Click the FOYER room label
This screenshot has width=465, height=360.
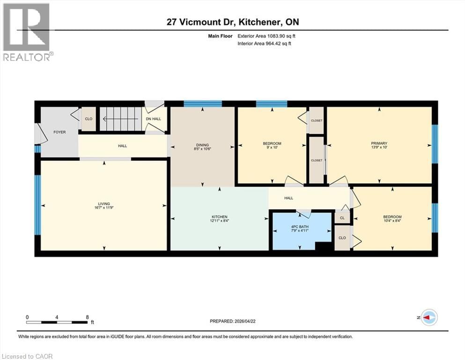coord(59,132)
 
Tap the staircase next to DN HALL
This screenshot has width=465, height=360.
coord(121,119)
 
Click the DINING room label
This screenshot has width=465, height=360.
coord(202,145)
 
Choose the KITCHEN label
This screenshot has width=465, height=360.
coord(219,217)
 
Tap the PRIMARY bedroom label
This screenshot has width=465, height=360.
coord(380,143)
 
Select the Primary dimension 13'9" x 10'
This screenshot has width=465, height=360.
coord(380,148)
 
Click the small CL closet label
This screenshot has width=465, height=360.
coord(342,217)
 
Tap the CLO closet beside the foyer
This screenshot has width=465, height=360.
coord(89,119)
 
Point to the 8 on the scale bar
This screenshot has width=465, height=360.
coord(87,317)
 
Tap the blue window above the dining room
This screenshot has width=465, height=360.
coord(202,104)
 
